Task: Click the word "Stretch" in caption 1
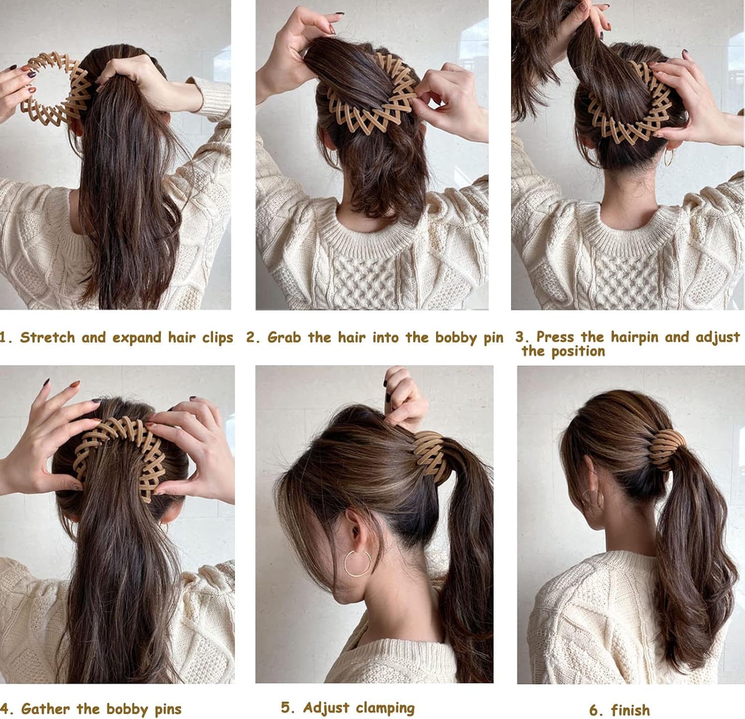click(x=48, y=337)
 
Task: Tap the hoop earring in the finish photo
click(x=593, y=499)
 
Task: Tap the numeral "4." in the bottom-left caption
click(x=7, y=709)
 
